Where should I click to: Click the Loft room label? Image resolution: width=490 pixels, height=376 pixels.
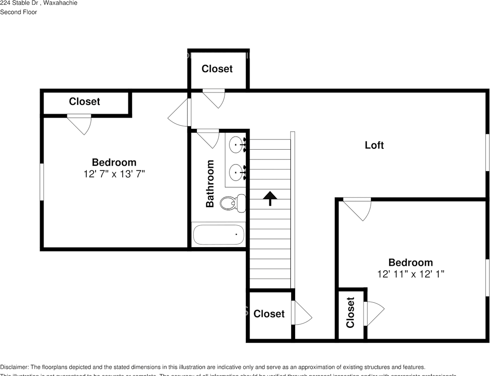coord(374,145)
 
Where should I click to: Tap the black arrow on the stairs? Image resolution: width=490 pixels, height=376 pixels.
coord(269,198)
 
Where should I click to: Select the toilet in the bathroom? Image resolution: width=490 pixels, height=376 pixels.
coord(232,203)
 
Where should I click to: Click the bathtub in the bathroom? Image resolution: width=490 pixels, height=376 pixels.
coord(218,235)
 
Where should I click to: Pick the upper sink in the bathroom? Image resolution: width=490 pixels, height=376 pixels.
coord(236,145)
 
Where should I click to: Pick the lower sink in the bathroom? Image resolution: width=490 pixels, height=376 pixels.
coord(236,172)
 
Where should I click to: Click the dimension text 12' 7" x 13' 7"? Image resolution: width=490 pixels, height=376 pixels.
coord(114,174)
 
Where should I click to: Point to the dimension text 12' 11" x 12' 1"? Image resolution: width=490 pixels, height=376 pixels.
coord(411,274)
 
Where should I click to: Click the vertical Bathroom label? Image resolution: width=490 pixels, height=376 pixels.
coord(210,183)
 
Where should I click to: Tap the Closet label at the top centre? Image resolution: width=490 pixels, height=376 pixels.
coord(217,69)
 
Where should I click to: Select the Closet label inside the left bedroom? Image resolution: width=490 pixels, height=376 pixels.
coord(85,101)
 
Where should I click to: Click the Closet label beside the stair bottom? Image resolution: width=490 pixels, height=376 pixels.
coord(269,314)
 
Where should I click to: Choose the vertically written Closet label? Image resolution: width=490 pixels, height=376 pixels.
coord(350,313)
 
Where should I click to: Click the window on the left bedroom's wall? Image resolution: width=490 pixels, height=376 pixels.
coord(42,182)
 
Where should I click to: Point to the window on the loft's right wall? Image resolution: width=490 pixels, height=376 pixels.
coord(487,152)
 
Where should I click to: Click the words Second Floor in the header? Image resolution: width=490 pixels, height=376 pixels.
coord(18,12)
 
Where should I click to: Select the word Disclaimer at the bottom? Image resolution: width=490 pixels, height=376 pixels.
coord(14,367)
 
